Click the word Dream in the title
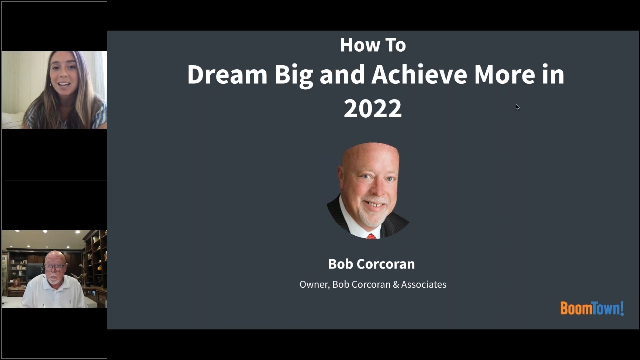tap(227, 74)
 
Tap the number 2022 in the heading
tap(373, 109)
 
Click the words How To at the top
tap(373, 45)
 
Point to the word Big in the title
tap(293, 75)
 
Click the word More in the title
tap(504, 74)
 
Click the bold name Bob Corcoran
tap(371, 264)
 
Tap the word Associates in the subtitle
tap(423, 284)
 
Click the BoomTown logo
tap(592, 308)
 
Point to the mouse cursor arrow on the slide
tap(517, 107)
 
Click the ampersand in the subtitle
tap(396, 285)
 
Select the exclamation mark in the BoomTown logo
tap(622, 308)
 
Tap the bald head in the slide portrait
tap(370, 157)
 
